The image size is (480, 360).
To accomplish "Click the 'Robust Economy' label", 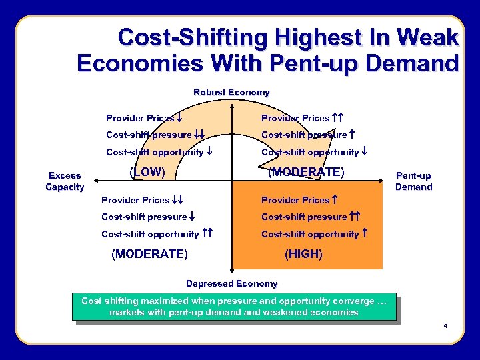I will [x=231, y=92].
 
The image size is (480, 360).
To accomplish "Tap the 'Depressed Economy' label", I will [x=231, y=283].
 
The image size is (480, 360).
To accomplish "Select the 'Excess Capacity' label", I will [x=65, y=181].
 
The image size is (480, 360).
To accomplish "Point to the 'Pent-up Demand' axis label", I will [x=413, y=181].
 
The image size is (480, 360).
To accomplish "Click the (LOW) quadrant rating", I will [x=146, y=171].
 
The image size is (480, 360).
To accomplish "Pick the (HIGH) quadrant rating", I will [x=303, y=254].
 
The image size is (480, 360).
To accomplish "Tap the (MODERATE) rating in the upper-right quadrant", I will [x=306, y=171].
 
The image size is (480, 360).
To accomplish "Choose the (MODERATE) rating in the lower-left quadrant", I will [x=149, y=254].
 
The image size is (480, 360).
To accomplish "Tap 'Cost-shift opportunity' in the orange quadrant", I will [x=310, y=234].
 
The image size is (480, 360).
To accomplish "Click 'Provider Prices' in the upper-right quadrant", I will [x=295, y=118].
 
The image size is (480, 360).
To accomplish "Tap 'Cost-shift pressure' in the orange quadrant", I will [x=304, y=217].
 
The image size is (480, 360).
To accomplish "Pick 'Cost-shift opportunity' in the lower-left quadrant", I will [x=150, y=234].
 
